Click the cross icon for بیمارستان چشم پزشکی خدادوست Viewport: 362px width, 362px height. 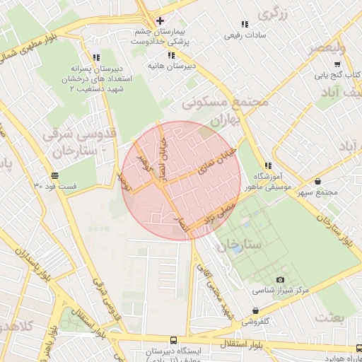click(160, 21)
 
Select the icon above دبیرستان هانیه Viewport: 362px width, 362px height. click(170, 55)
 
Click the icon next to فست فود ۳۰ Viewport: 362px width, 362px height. click(55, 175)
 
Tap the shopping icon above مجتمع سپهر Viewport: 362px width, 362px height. click(317, 182)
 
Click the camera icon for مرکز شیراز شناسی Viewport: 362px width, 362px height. click(280, 280)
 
